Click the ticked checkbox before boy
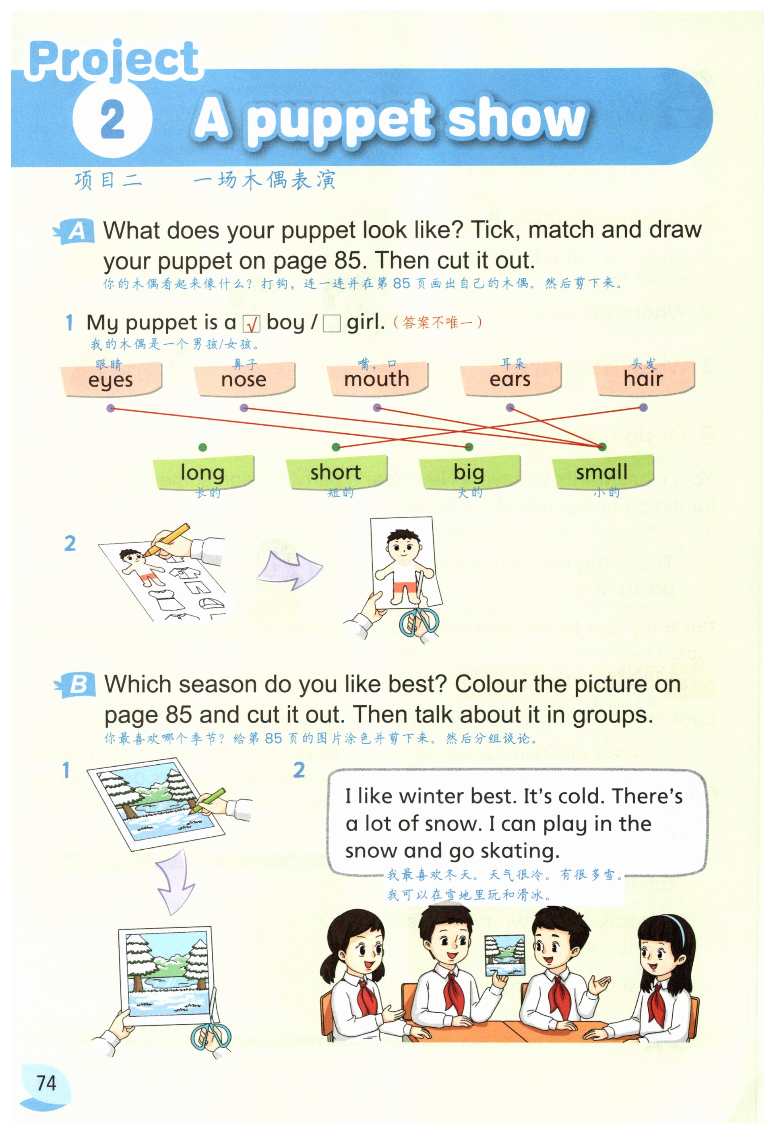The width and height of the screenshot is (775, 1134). click(252, 323)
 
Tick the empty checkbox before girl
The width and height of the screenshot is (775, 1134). click(332, 323)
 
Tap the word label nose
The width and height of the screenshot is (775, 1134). click(244, 379)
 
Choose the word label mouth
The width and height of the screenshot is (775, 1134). click(377, 379)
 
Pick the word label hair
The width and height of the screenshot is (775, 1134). click(643, 379)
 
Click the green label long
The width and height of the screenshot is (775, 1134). click(203, 472)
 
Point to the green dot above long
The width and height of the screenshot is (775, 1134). click(203, 447)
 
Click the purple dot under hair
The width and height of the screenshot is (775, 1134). click(643, 408)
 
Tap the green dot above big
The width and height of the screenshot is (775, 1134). click(469, 447)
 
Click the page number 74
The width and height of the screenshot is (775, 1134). click(46, 1083)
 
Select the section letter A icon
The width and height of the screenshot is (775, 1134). click(74, 231)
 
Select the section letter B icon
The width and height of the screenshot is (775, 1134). click(74, 685)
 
